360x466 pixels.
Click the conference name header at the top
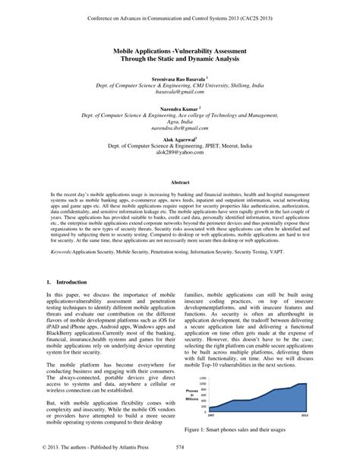pos(180,14)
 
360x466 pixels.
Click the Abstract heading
pos(180,182)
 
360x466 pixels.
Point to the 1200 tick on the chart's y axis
pos(203,376)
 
